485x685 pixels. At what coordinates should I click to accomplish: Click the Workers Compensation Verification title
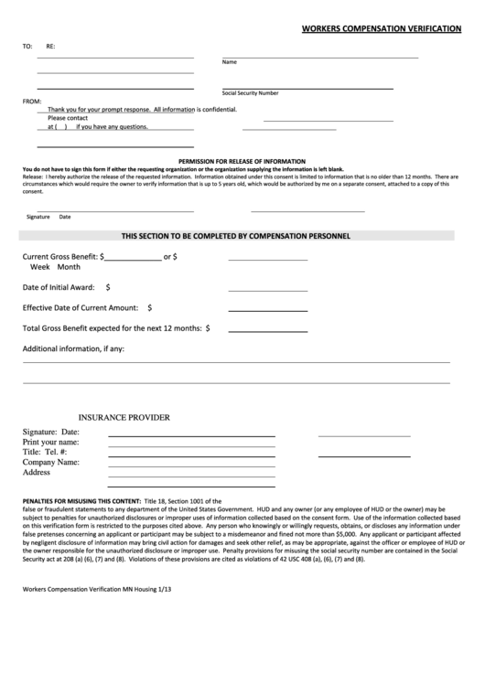[382, 29]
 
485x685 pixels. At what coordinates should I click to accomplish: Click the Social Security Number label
[250, 93]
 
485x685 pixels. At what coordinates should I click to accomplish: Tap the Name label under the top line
[230, 62]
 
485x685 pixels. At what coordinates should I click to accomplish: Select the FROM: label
[32, 101]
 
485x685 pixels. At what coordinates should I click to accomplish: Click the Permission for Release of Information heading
[242, 161]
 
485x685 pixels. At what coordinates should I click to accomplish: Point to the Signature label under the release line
[38, 217]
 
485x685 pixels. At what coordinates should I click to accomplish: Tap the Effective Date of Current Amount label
[81, 307]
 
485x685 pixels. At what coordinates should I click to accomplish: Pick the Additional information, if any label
[73, 348]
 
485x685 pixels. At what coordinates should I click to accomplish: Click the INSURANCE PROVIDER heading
[124, 417]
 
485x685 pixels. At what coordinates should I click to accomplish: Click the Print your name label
[53, 442]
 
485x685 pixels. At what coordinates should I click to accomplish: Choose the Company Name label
[51, 462]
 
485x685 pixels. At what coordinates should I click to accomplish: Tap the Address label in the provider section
[36, 472]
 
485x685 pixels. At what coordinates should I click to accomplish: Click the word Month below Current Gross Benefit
[69, 267]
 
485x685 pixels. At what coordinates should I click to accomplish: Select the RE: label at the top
[50, 45]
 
